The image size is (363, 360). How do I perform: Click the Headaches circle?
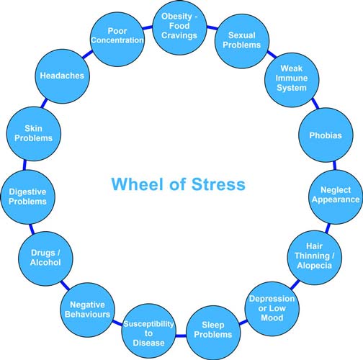tap(63, 76)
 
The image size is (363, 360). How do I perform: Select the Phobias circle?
tap(326, 135)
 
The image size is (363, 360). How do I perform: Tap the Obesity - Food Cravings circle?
tap(179, 27)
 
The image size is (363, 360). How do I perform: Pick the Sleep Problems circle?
tap(213, 333)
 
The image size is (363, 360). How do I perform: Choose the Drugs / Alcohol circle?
tap(45, 258)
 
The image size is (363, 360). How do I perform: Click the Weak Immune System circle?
tap(292, 80)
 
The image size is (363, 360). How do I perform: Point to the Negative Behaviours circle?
tap(87, 310)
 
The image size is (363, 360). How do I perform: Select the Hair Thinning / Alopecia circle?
tap(315, 258)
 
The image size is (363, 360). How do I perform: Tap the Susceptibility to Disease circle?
tap(149, 330)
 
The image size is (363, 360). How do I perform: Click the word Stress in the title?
tap(218, 184)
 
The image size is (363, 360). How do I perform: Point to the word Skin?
tap(33, 128)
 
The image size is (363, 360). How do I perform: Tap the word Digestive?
tap(27, 192)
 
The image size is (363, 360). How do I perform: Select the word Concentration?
tap(117, 40)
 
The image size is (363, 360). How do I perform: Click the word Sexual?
tap(242, 35)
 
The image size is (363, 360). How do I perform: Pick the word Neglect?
tap(336, 190)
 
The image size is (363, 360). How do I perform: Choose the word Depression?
tap(272, 299)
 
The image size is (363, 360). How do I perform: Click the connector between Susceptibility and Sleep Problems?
tap(181, 336)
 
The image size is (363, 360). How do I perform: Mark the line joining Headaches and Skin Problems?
tap(44, 103)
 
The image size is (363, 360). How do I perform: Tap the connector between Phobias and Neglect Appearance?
tap(334, 166)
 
